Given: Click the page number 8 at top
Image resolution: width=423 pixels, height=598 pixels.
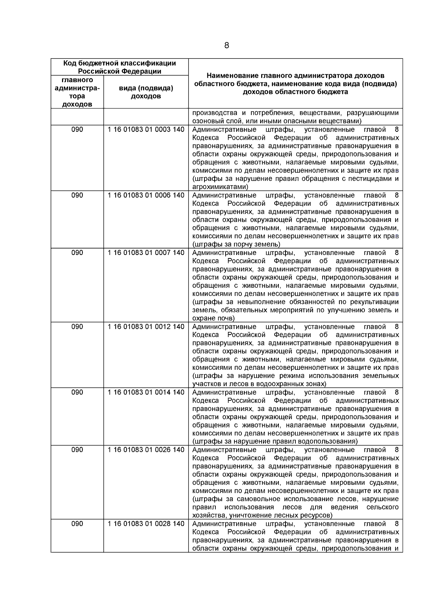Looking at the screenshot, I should [226, 45].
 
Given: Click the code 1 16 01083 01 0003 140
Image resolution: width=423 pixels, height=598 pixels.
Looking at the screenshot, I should [146, 130].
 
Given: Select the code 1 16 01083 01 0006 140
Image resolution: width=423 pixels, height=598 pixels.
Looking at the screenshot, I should [146, 195].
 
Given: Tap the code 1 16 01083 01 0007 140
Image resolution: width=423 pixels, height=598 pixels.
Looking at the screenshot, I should [146, 253].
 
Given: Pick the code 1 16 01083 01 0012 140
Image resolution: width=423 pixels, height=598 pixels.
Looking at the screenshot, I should [146, 327].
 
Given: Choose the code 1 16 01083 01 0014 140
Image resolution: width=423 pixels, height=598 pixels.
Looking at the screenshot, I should [146, 392].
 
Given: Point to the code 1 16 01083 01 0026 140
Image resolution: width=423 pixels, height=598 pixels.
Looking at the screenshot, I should [146, 450].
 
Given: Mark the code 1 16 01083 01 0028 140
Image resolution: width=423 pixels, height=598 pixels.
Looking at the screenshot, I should [146, 524].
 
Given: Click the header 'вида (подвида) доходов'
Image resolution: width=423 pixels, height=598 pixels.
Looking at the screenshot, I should [146, 92].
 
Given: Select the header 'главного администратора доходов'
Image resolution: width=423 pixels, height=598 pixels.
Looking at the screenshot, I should [77, 92].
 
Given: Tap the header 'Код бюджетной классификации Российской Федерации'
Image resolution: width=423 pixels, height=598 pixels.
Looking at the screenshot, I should [119, 67].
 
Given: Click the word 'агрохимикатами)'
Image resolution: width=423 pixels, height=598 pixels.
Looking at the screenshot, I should [220, 187].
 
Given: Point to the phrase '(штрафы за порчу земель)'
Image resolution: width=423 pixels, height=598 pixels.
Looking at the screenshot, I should [237, 244].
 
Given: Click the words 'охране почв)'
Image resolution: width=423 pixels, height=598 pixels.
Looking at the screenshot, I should [214, 318].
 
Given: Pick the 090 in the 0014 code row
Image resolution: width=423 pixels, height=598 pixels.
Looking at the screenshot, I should [77, 392].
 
